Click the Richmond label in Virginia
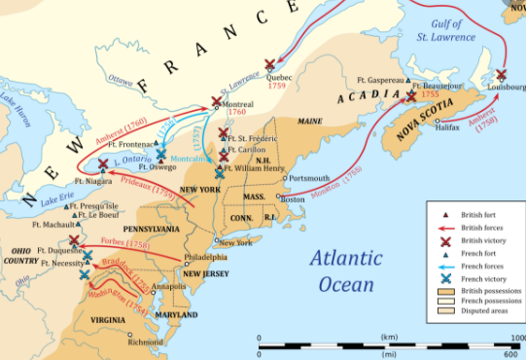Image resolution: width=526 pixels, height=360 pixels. tap(145, 342)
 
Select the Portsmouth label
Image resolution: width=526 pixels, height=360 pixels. tap(309, 178)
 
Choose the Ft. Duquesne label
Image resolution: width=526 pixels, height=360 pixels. tap(55, 249)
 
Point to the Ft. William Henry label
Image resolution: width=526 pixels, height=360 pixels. tap(258, 167)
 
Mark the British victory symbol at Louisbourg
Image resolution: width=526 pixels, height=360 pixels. tap(501, 75)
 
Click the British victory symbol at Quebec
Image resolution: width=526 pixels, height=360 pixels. tap(269, 64)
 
